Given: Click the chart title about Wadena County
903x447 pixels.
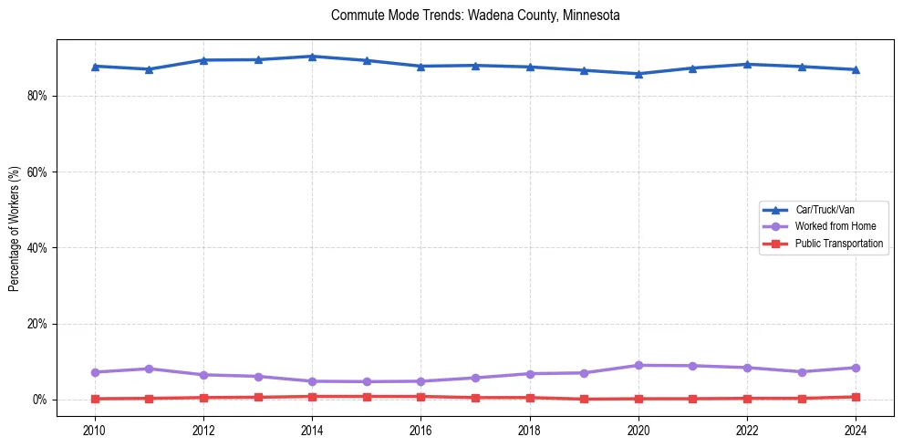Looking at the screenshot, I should click(475, 16).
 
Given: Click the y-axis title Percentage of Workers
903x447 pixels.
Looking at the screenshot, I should click(14, 229).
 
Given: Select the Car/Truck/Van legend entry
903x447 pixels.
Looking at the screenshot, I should click(825, 210).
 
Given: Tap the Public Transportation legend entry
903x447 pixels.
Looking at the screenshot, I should click(838, 244).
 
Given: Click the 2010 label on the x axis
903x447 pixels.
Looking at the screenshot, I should click(95, 430).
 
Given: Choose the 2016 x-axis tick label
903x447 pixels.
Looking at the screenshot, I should click(420, 430).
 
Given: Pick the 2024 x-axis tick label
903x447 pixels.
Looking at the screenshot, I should click(856, 430).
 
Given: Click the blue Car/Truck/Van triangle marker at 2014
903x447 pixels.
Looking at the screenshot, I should click(312, 57).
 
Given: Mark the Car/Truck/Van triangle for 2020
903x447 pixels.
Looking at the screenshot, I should click(638, 74).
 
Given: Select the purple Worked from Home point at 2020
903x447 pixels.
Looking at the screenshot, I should click(638, 365).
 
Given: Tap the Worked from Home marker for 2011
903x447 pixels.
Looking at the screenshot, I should click(149, 369).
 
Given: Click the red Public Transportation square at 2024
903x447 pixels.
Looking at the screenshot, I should click(856, 397).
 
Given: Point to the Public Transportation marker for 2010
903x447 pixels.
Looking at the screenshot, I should click(95, 399).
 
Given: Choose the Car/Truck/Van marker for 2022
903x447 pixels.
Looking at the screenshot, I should click(747, 64).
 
